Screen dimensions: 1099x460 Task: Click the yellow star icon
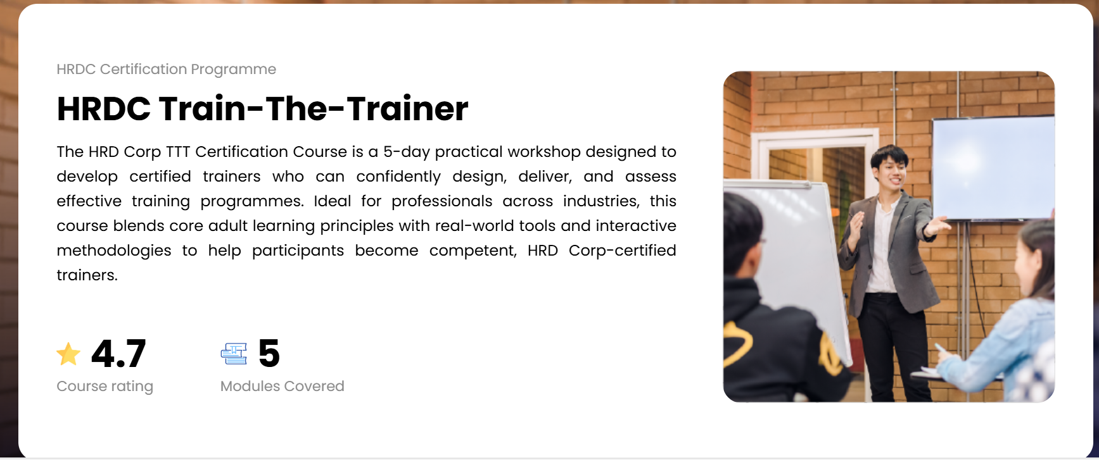click(x=68, y=354)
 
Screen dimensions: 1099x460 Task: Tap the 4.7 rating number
click(x=118, y=353)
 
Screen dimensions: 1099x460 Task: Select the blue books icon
click(x=234, y=354)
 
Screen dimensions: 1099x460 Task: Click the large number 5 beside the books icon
click(x=269, y=353)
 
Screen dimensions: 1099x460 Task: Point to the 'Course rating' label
click(x=105, y=386)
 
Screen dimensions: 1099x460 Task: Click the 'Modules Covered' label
click(x=283, y=386)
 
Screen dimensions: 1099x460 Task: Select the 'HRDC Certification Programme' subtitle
click(x=167, y=69)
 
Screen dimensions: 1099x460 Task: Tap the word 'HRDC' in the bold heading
click(x=104, y=108)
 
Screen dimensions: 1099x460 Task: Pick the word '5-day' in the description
click(x=407, y=152)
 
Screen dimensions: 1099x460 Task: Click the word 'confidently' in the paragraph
click(x=398, y=177)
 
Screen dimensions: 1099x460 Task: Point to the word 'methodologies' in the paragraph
click(x=114, y=251)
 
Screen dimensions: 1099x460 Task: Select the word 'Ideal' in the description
click(x=333, y=201)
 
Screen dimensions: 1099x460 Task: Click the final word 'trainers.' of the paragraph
click(x=87, y=275)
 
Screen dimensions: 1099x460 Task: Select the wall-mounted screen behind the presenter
click(x=993, y=168)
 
